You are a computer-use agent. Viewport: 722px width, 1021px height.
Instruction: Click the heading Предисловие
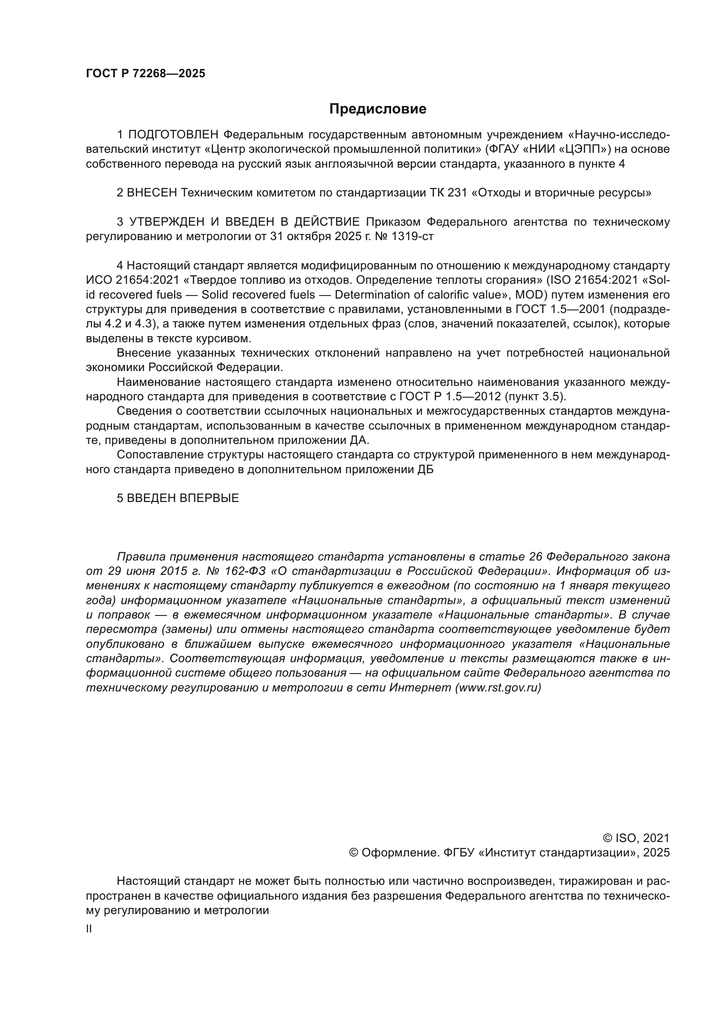coord(378,109)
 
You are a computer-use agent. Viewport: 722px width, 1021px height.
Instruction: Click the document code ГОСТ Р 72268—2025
coord(145,74)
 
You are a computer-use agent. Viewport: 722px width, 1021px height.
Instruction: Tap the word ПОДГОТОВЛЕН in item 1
coord(173,135)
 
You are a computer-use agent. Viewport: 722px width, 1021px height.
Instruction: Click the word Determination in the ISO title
coord(372,295)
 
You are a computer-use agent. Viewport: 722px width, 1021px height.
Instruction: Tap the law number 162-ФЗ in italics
coord(249,571)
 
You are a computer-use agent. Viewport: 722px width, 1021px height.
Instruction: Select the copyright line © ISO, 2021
coord(636,839)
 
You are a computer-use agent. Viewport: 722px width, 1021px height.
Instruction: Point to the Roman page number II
coord(89,929)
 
